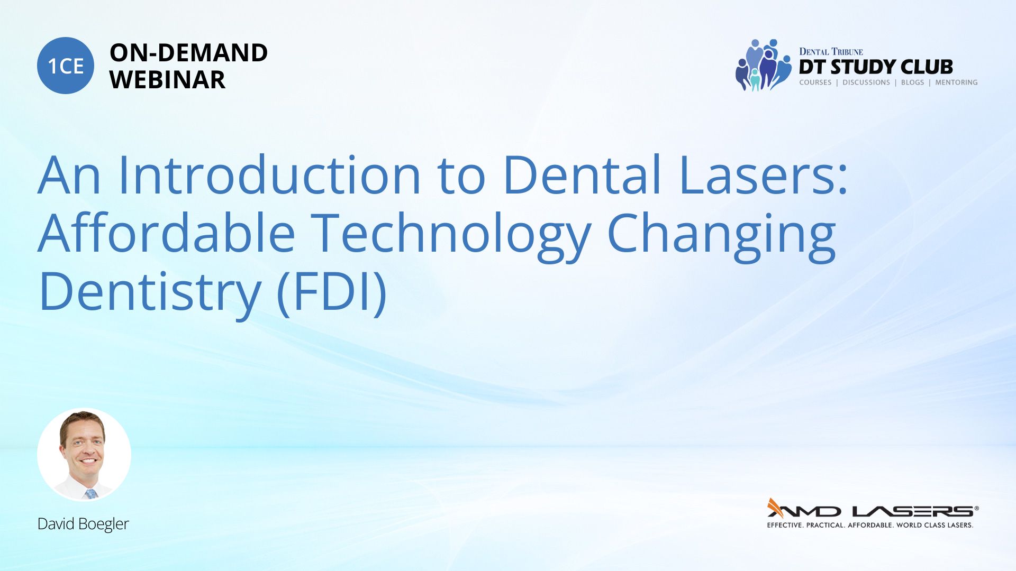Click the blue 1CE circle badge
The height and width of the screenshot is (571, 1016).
(66, 66)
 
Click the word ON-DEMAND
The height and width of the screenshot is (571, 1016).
(188, 53)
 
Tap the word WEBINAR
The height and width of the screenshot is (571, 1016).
(167, 80)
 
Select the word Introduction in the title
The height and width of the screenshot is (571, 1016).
(269, 174)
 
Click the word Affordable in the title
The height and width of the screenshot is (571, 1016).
(167, 233)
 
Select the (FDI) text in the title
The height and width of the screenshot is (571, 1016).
(332, 292)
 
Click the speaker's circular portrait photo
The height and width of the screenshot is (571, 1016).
(84, 455)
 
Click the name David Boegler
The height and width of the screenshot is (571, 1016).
(83, 524)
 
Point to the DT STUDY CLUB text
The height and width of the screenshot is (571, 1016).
(876, 67)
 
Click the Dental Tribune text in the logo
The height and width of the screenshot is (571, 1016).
(831, 51)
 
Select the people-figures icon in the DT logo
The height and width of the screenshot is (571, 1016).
(763, 65)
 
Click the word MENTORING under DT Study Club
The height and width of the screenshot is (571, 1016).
(956, 82)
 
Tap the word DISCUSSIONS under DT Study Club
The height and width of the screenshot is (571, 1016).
(866, 82)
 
